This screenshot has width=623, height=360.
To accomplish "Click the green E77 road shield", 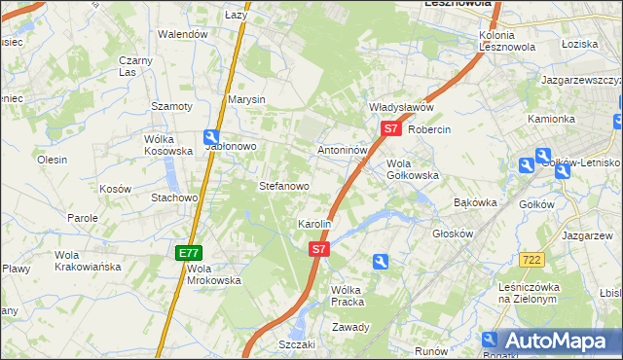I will (x=189, y=253).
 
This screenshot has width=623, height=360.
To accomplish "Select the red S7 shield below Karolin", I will (x=319, y=250).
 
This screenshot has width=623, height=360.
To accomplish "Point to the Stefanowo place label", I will (x=283, y=185).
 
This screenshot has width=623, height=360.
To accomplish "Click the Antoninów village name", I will (x=342, y=152).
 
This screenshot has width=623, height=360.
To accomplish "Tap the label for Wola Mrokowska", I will (x=213, y=274).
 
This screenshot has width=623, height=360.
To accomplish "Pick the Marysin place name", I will (x=246, y=99).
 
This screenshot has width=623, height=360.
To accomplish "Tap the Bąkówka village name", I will (x=476, y=203).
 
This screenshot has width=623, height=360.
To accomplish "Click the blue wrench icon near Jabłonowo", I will (x=211, y=138).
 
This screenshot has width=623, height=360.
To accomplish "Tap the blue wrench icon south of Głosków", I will (x=381, y=261).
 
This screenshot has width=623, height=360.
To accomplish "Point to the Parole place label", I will (x=82, y=219).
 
